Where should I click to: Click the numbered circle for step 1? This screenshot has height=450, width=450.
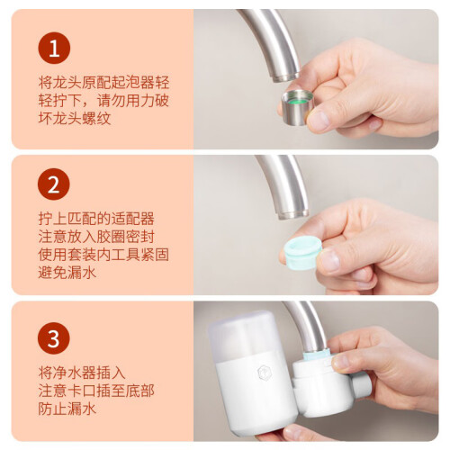tap(54, 48)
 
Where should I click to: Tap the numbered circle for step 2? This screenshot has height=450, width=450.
tap(54, 184)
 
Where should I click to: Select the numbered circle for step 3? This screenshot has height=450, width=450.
tap(54, 338)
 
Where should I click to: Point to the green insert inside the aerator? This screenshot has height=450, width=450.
tap(298, 100)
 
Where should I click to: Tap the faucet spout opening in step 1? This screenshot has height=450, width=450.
tap(285, 77)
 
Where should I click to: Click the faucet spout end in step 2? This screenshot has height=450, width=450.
tap(293, 214)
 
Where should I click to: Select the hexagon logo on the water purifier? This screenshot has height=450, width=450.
tap(264, 373)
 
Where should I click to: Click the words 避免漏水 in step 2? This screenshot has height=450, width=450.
tap(67, 273)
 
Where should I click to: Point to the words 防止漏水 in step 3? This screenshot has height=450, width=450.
tap(67, 409)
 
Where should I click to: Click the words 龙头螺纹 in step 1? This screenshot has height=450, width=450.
tap(82, 118)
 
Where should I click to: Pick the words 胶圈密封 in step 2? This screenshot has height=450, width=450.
tap(126, 237)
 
